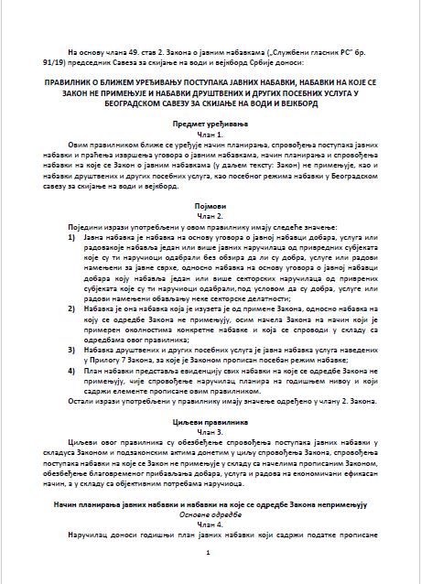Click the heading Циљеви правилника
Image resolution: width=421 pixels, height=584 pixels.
tap(210, 420)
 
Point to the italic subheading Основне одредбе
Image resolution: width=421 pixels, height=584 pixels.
tap(210, 514)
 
